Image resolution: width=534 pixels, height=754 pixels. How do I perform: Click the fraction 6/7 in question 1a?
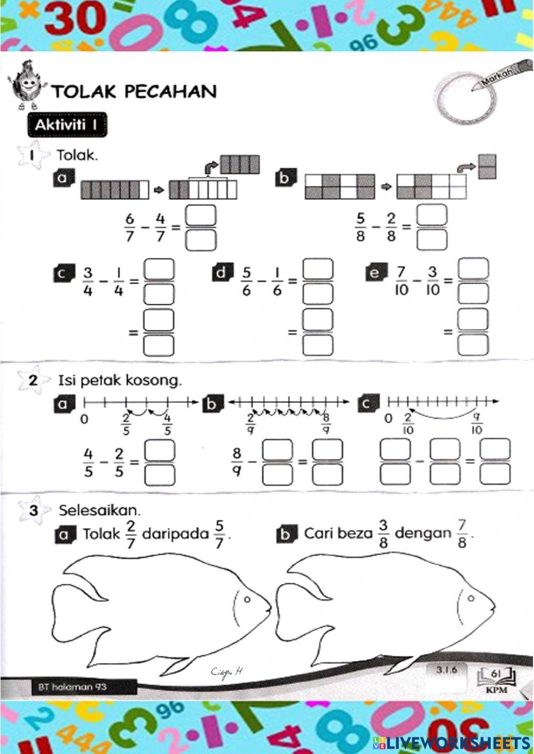point(130,228)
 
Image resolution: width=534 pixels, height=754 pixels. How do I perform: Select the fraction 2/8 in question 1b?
point(391,228)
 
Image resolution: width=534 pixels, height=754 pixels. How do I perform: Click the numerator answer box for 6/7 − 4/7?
point(201,217)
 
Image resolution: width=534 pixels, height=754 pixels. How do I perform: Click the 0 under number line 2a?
point(84,419)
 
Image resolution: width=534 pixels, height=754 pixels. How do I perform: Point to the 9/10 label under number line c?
point(477,423)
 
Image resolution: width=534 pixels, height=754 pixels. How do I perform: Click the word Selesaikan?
point(99,510)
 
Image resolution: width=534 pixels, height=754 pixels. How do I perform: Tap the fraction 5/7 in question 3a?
point(219,534)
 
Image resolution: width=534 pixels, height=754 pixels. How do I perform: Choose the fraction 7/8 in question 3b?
point(462,534)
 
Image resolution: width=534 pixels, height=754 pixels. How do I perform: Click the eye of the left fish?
point(247,600)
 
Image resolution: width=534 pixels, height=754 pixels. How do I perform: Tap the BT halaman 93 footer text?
point(72,687)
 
